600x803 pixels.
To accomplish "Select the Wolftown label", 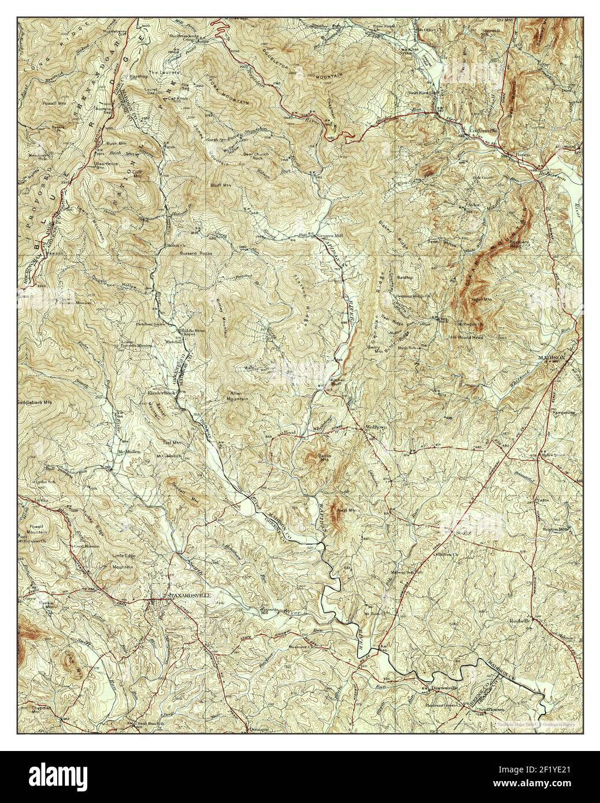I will coord(364,427).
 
